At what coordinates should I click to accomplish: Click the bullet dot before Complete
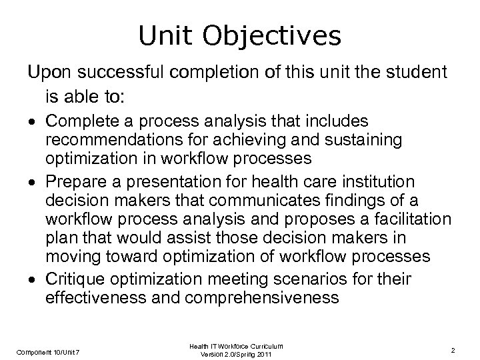tap(31, 122)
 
